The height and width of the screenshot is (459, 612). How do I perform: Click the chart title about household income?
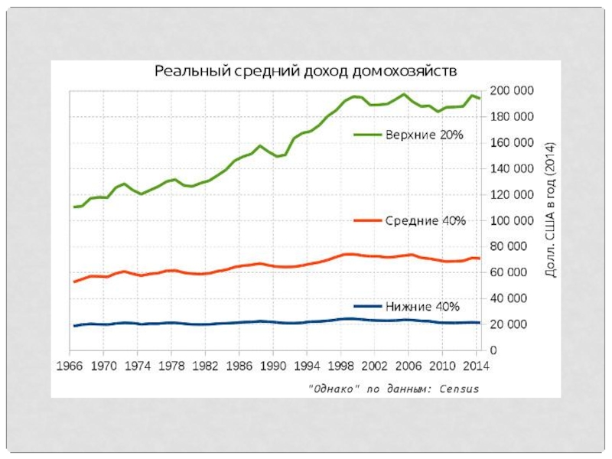click(x=306, y=72)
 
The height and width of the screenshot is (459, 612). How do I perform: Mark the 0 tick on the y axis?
click(x=493, y=350)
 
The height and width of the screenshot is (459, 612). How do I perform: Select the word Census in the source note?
click(x=459, y=389)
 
